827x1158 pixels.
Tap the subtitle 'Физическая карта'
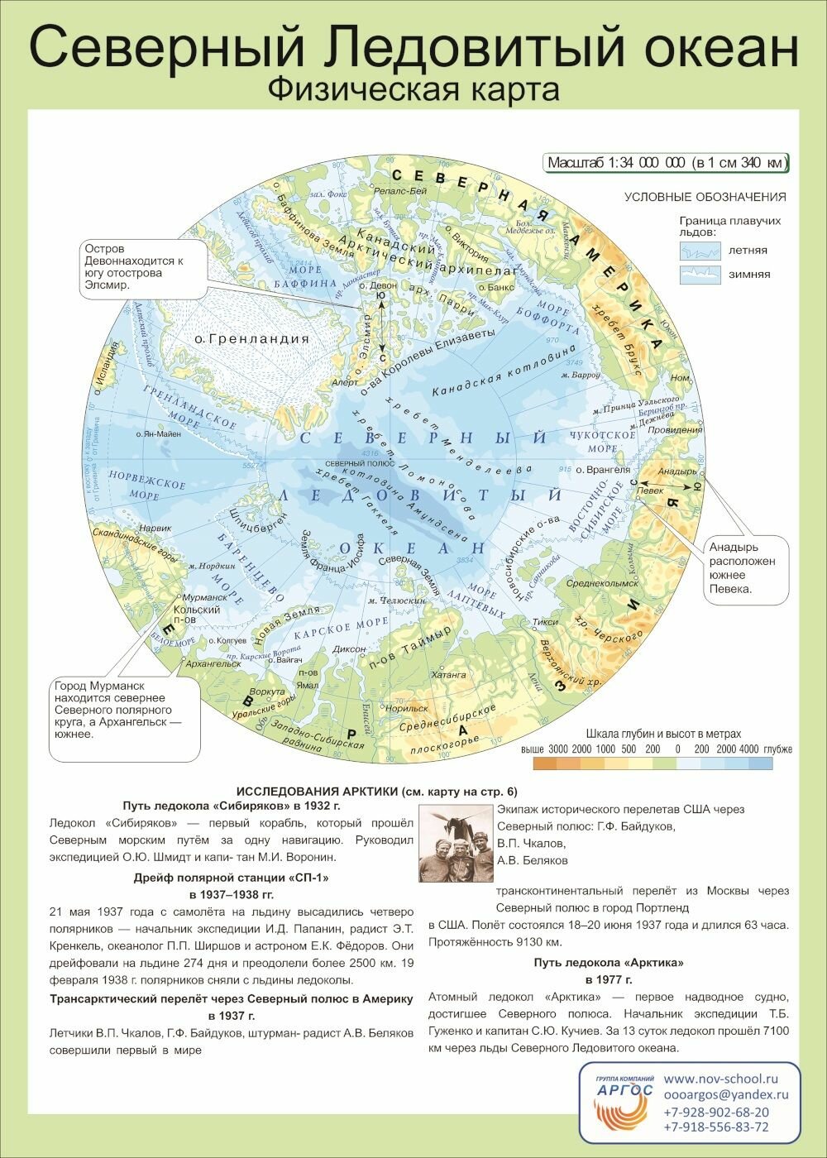pyautogui.click(x=413, y=89)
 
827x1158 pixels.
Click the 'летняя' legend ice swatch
pyautogui.click(x=700, y=250)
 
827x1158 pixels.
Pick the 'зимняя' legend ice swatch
pyautogui.click(x=700, y=275)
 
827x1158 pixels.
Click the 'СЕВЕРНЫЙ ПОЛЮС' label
pyautogui.click(x=351, y=463)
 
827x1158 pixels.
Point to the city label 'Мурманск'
pyautogui.click(x=204, y=597)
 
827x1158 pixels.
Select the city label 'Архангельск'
pyautogui.click(x=214, y=663)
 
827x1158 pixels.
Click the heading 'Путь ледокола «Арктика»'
pyautogui.click(x=609, y=963)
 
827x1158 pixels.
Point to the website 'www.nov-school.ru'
pyautogui.click(x=720, y=1079)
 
